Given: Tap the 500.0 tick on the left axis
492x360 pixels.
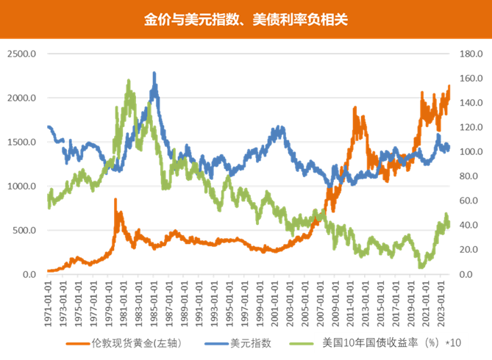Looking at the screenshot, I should (24, 230).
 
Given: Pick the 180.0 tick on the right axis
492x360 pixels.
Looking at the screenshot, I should (468, 54).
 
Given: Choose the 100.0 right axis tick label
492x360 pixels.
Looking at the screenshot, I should (468, 152).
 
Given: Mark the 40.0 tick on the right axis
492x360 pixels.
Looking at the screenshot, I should (467, 226).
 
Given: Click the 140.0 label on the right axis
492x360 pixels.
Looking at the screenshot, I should (468, 103).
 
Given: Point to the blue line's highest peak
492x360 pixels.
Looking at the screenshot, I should (154, 72).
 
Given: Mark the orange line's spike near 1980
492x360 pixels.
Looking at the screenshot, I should (115, 199).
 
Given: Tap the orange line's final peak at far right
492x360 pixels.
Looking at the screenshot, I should (449, 84).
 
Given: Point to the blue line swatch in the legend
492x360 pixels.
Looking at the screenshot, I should (213, 342).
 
